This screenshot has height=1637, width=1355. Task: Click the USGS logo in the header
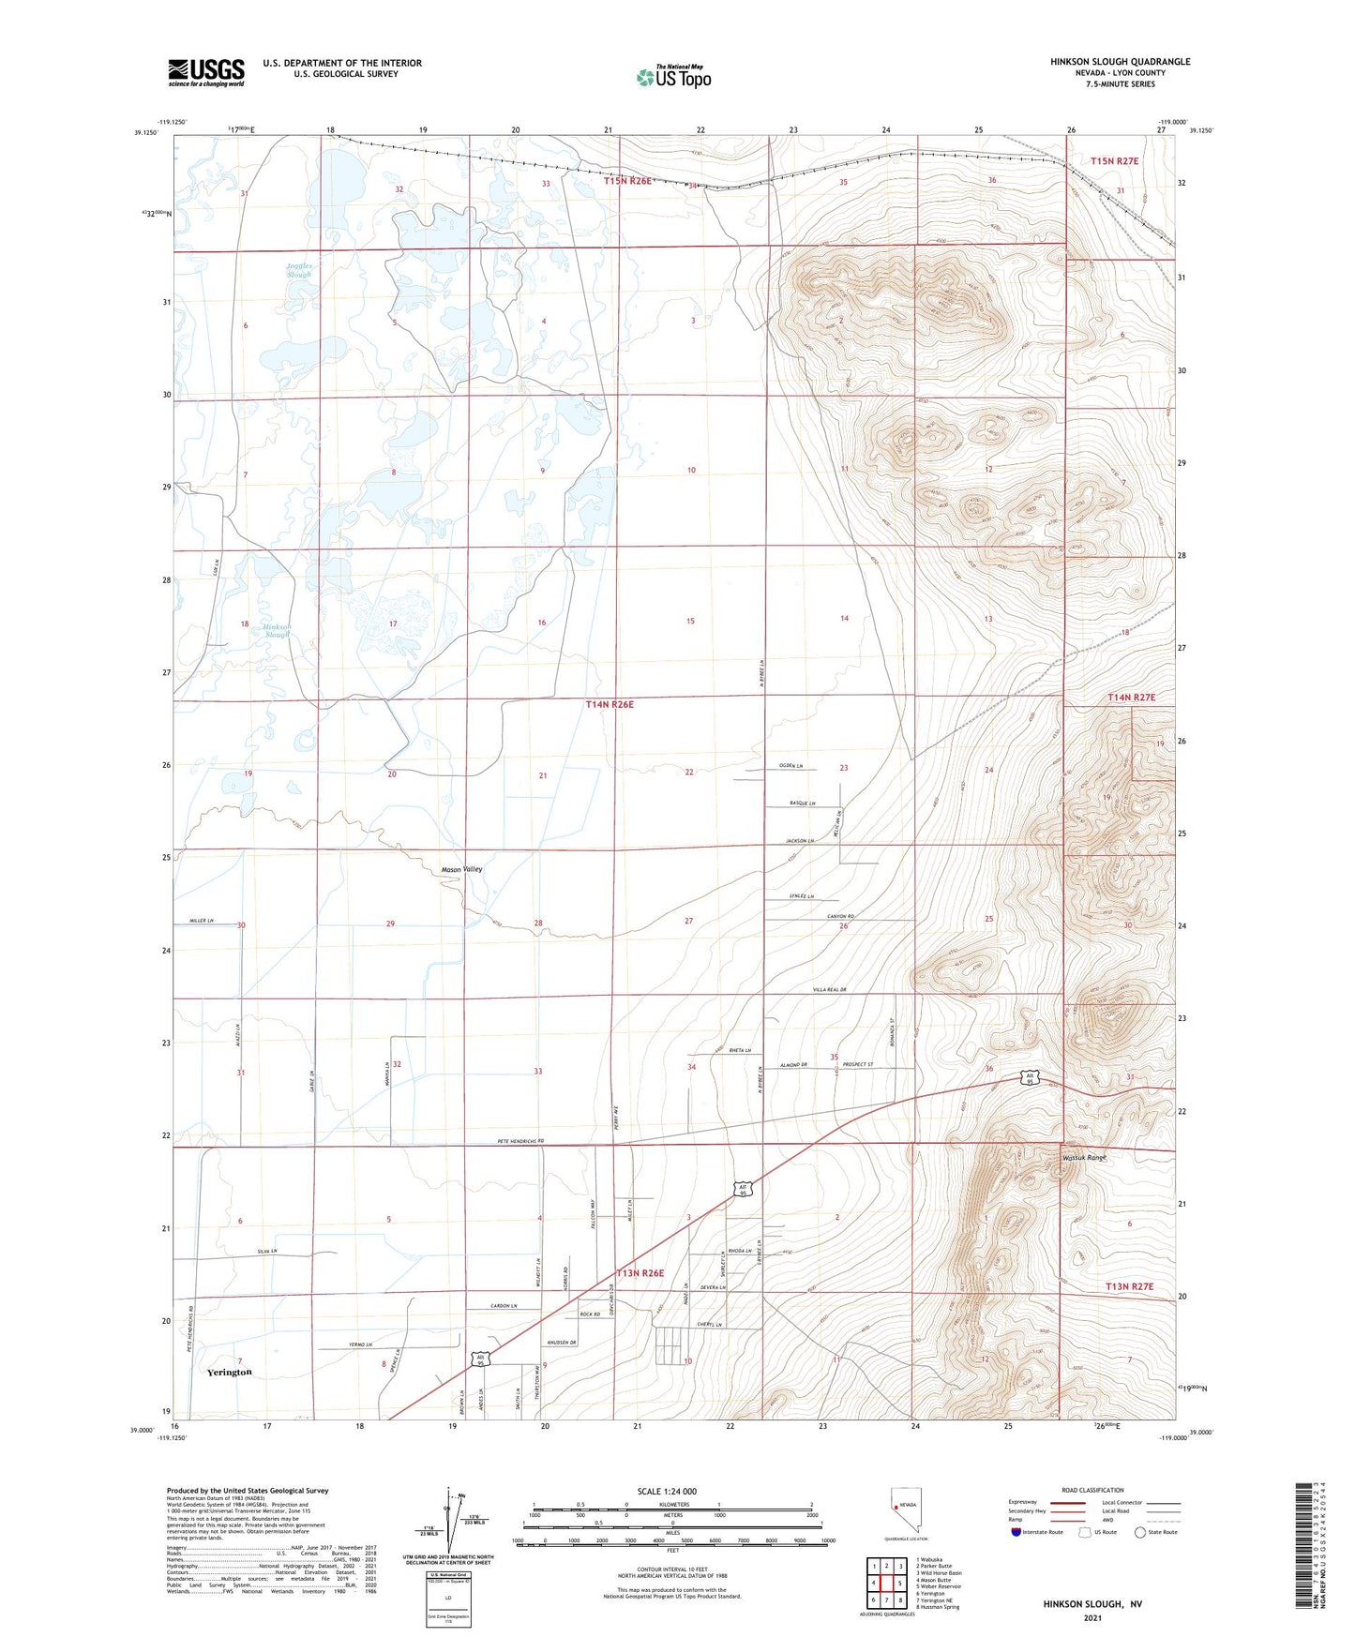coord(205,71)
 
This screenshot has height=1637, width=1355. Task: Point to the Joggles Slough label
coord(298,270)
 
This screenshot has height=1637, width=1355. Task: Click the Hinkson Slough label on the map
coord(277,630)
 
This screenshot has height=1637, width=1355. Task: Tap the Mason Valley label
coord(462,870)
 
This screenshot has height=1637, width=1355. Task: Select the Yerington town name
coord(229,1372)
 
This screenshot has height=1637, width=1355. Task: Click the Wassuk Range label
coord(1084,1158)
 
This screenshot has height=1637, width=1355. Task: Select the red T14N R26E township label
coord(610,704)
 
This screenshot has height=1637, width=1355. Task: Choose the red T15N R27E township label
coord(1114,161)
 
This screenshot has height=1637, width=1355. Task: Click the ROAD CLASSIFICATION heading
coord(1092,1490)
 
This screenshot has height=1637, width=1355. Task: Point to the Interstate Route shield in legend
coord(1017,1532)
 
